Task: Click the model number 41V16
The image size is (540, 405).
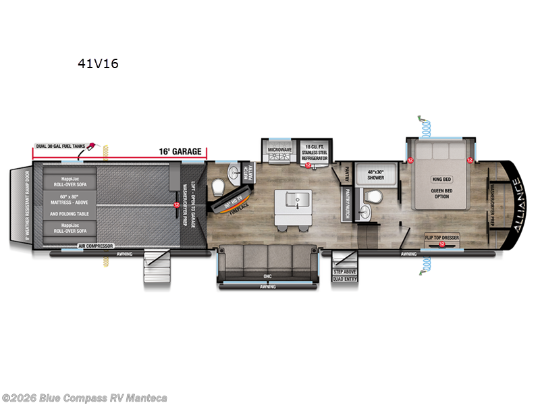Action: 99,65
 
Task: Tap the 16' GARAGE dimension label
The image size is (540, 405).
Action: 180,151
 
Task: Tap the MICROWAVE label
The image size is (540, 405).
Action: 278,150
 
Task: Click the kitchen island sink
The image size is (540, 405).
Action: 294,200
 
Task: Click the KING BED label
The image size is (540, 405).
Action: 440,180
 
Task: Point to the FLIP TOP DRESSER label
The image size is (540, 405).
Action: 441,238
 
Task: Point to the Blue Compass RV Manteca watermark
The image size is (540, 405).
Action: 84,398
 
